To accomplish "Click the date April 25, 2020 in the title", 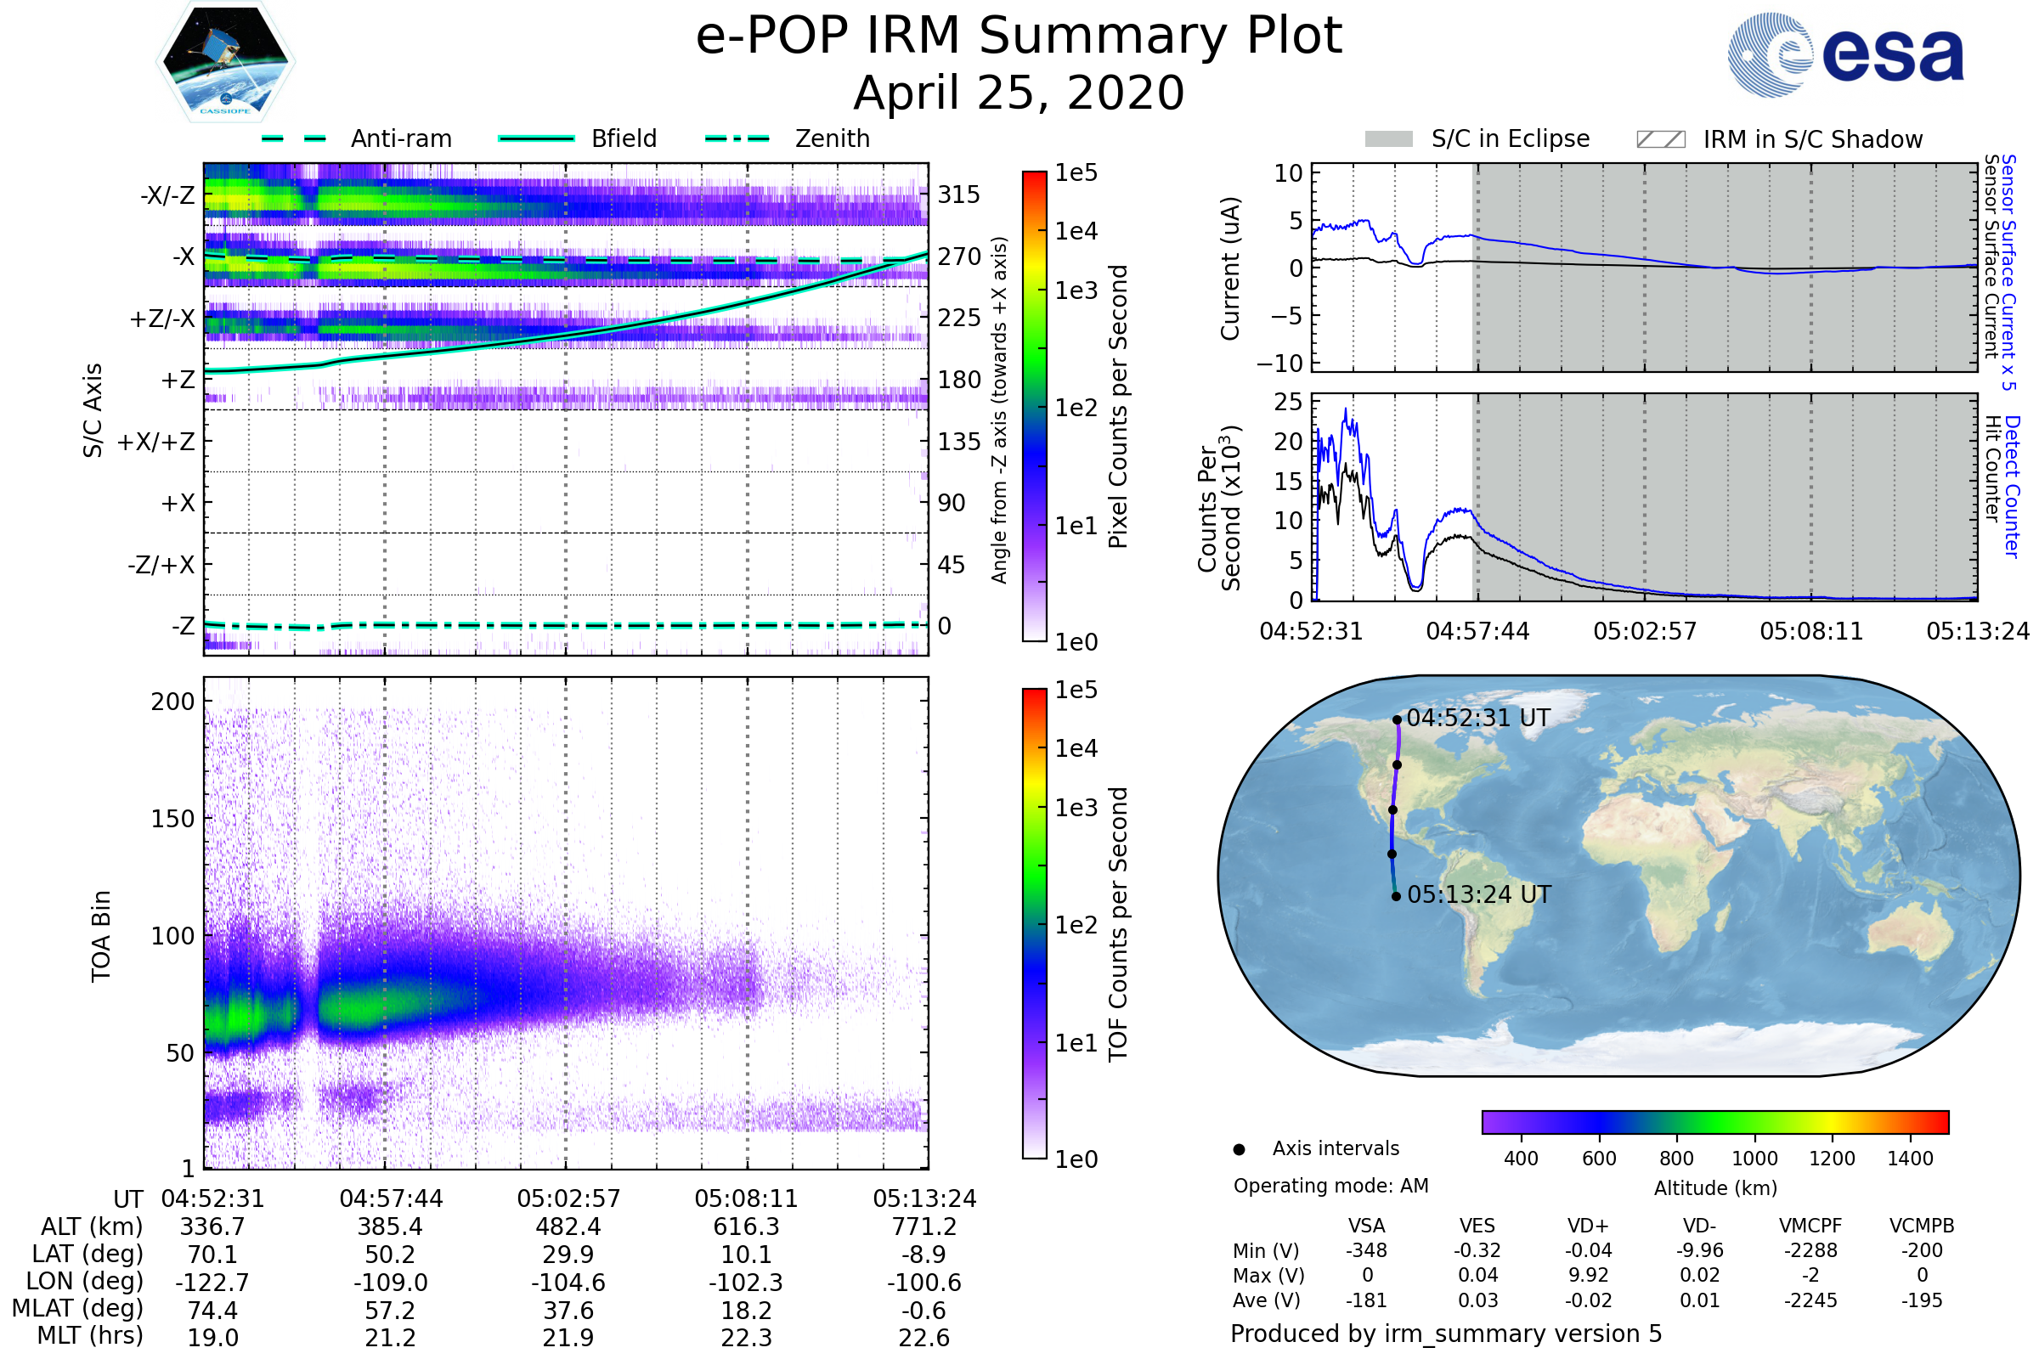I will pos(1019,93).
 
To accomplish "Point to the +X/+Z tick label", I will pos(156,442).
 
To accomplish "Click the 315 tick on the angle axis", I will pos(959,195).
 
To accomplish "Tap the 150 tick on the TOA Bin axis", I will pos(172,818).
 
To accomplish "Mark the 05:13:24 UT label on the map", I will pos(1479,894).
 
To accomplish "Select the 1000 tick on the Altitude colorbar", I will pos(1754,1159).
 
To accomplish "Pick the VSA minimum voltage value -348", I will pos(1366,1250).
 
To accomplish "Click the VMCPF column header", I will pos(1810,1226).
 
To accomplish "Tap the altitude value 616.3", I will pos(746,1226).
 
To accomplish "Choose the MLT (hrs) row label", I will pos(90,1335).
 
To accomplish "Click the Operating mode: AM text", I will pos(1330,1186).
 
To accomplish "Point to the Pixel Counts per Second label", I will pos(1118,407).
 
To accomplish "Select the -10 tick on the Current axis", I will pos(1279,364).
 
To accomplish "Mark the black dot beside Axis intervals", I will pos(1240,1149).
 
